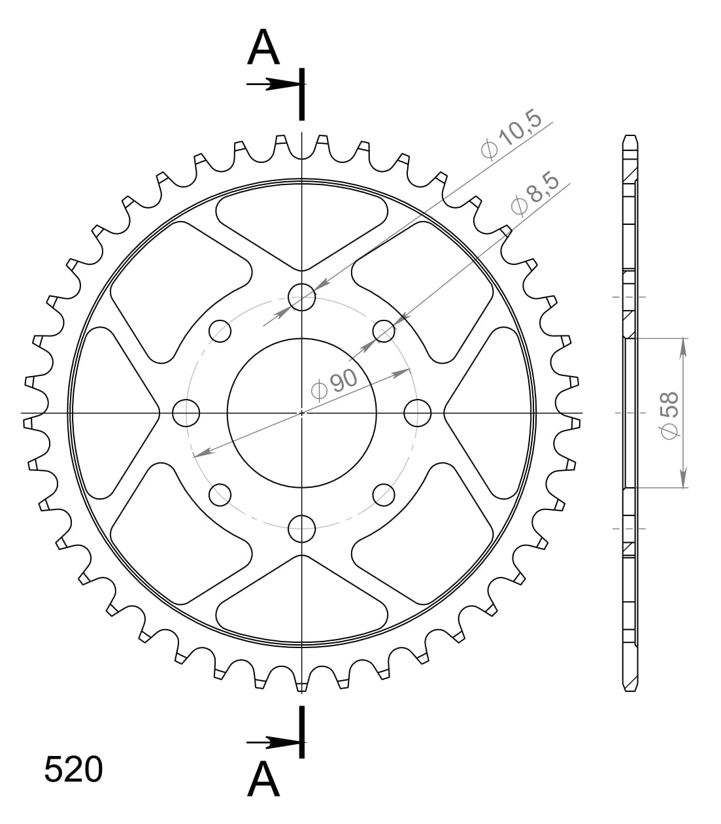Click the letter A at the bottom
(263, 780)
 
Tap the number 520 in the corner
(73, 770)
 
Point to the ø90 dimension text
(334, 384)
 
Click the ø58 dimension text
(670, 413)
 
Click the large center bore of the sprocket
(302, 413)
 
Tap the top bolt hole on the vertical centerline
(302, 297)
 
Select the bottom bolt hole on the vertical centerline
(302, 528)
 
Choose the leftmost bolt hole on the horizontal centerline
(186, 413)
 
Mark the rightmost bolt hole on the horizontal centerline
(418, 413)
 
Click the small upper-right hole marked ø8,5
(384, 331)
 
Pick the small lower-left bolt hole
(220, 494)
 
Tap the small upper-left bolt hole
(220, 331)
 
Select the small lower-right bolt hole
(384, 494)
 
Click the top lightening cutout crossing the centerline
(302, 222)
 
